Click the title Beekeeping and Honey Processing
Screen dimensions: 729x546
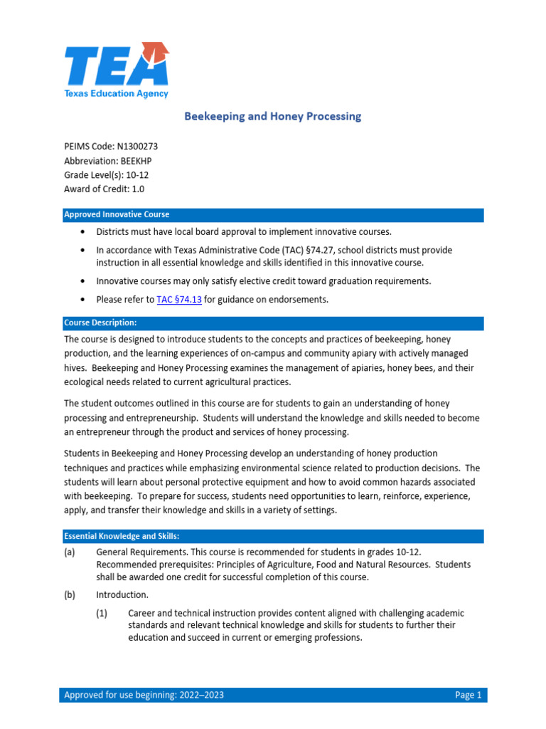pyautogui.click(x=273, y=116)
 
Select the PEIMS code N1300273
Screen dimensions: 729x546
pyautogui.click(x=140, y=147)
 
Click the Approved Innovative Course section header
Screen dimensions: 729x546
pyautogui.click(x=117, y=215)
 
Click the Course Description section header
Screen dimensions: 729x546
pyautogui.click(x=100, y=323)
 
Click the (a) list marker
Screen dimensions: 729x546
pyautogui.click(x=70, y=552)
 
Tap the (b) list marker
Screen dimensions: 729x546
pyautogui.click(x=70, y=594)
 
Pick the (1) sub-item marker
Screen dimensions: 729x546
pyautogui.click(x=102, y=613)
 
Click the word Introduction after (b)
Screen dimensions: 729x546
pyautogui.click(x=122, y=594)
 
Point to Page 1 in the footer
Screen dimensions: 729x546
pyautogui.click(x=468, y=695)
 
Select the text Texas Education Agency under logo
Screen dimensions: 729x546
pyautogui.click(x=117, y=93)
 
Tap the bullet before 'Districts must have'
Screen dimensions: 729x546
pyautogui.click(x=83, y=232)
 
